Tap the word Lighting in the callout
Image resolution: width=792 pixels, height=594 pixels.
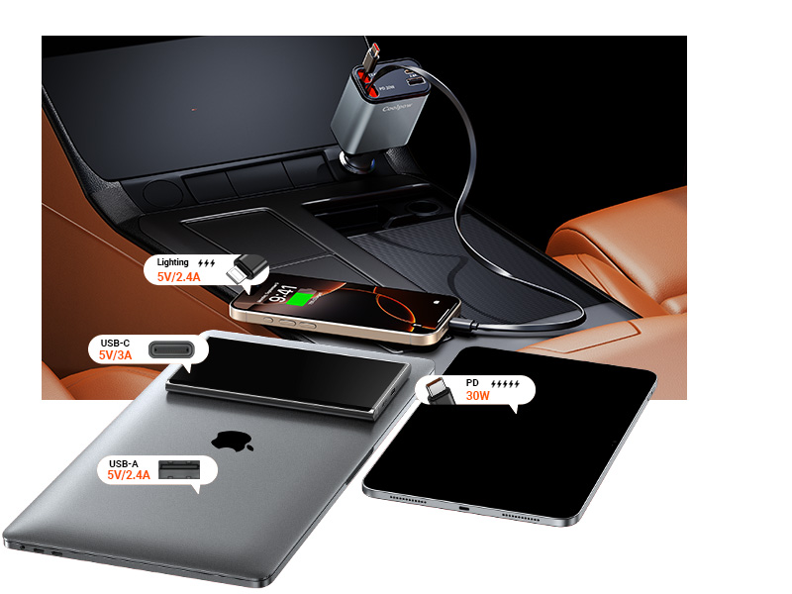click(x=172, y=263)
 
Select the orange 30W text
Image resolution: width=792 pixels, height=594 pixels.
click(x=478, y=395)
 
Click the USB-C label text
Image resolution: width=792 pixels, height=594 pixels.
click(x=116, y=342)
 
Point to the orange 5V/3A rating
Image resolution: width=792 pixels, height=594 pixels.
click(x=116, y=354)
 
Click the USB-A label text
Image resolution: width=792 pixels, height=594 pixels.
click(x=125, y=463)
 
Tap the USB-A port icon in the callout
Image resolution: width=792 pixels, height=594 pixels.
click(x=178, y=469)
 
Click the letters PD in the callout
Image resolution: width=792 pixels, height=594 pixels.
click(x=472, y=381)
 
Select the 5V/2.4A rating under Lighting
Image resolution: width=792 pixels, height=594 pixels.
click(x=178, y=277)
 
